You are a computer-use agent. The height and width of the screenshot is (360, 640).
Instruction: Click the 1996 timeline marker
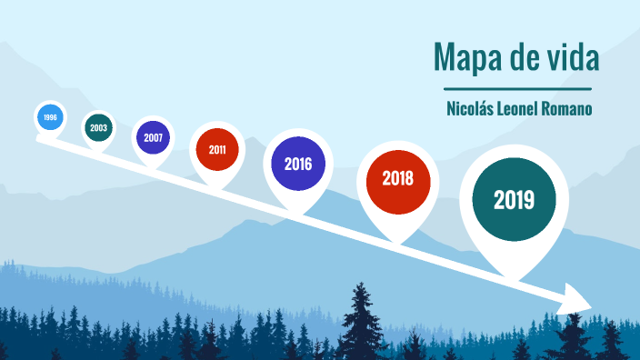click(50, 117)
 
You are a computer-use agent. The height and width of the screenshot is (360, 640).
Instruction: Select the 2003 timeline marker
click(98, 128)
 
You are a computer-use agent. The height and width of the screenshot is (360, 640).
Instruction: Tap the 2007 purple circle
click(152, 139)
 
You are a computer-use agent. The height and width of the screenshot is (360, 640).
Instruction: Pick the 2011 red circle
click(216, 150)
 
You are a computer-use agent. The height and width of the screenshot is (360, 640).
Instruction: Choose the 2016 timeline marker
click(297, 165)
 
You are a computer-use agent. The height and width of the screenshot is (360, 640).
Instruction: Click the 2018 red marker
click(397, 178)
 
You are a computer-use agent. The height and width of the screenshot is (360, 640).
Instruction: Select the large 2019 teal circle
click(514, 199)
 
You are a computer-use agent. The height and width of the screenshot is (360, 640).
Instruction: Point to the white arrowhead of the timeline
click(576, 299)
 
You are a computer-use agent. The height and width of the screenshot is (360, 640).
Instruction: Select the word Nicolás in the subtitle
click(470, 108)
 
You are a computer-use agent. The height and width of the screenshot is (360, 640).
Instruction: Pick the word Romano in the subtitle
click(569, 108)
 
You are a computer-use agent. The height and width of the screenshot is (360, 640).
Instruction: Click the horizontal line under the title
click(517, 89)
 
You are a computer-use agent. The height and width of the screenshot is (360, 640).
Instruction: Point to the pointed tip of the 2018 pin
click(397, 242)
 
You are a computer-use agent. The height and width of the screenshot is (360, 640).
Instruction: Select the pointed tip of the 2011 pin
click(216, 188)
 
